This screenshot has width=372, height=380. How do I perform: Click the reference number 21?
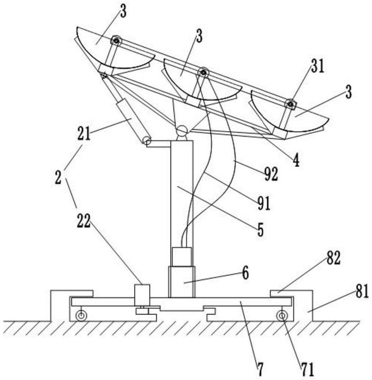[x=84, y=134]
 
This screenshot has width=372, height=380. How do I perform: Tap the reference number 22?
[x=84, y=221]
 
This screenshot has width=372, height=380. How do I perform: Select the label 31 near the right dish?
[x=318, y=66]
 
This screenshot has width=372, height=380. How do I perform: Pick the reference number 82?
[x=334, y=258]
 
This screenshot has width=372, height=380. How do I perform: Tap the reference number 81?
[x=362, y=291]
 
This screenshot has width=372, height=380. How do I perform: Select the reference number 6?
[x=246, y=274]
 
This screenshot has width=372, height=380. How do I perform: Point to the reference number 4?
[x=296, y=161]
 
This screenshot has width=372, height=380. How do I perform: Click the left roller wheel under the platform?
[x=81, y=315]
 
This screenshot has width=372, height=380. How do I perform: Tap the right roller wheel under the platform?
[x=282, y=315]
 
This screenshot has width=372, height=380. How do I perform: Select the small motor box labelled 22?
[x=142, y=295]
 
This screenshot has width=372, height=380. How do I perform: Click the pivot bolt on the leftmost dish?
[x=116, y=41]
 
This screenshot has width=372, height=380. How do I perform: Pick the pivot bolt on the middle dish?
[x=203, y=72]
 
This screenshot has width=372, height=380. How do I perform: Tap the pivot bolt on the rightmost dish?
[x=290, y=104]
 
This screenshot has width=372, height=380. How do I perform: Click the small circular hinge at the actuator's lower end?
[x=147, y=141]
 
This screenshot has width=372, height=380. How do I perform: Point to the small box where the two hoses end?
[x=181, y=257]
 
